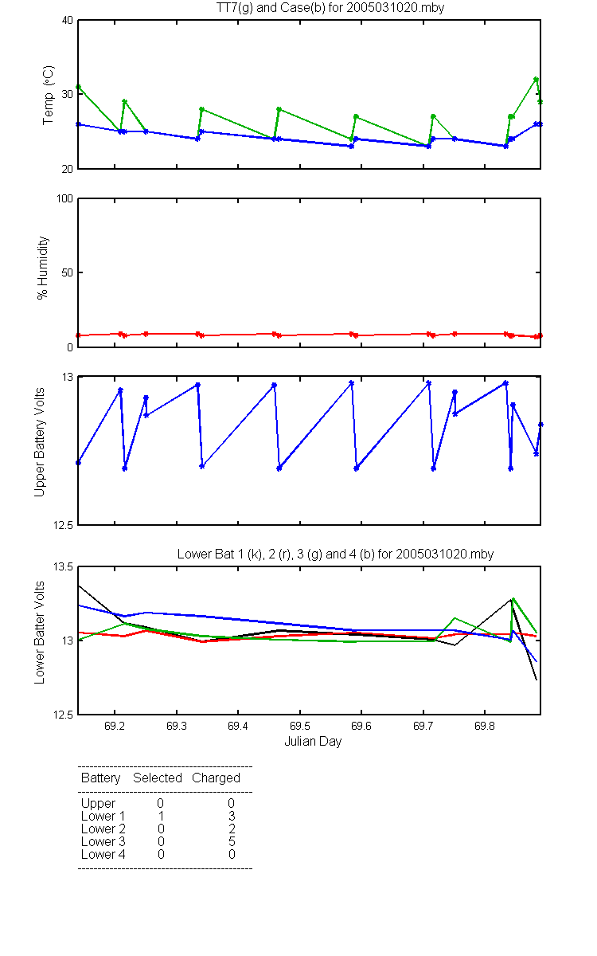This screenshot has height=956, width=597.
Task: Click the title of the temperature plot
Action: point(330,8)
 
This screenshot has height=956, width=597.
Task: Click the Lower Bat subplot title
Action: point(335,554)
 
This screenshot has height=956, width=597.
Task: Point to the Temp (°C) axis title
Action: point(49,95)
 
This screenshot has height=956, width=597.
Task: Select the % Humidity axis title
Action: point(43,268)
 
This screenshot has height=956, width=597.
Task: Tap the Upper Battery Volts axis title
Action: point(39,442)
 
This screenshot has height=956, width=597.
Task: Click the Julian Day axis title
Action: point(313,742)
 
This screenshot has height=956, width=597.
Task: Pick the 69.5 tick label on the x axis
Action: point(300,726)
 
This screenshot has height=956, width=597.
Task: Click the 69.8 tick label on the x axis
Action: point(485,726)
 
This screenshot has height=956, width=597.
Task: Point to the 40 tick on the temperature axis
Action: point(68,21)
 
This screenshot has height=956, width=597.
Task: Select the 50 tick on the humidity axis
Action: point(68,272)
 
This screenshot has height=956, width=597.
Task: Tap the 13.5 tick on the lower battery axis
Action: point(63,566)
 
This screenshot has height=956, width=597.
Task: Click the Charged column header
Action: point(216,778)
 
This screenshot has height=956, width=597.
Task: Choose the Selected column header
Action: point(158,778)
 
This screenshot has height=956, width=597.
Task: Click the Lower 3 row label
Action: point(103,841)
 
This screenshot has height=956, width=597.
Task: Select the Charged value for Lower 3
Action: point(232,841)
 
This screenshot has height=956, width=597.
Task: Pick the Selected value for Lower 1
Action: point(161,816)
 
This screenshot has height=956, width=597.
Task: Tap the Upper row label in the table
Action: point(98,804)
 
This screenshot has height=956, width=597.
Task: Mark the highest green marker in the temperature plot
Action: point(536,80)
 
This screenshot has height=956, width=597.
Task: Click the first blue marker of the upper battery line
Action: point(78,463)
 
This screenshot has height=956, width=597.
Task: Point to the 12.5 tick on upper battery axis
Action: point(63,525)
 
